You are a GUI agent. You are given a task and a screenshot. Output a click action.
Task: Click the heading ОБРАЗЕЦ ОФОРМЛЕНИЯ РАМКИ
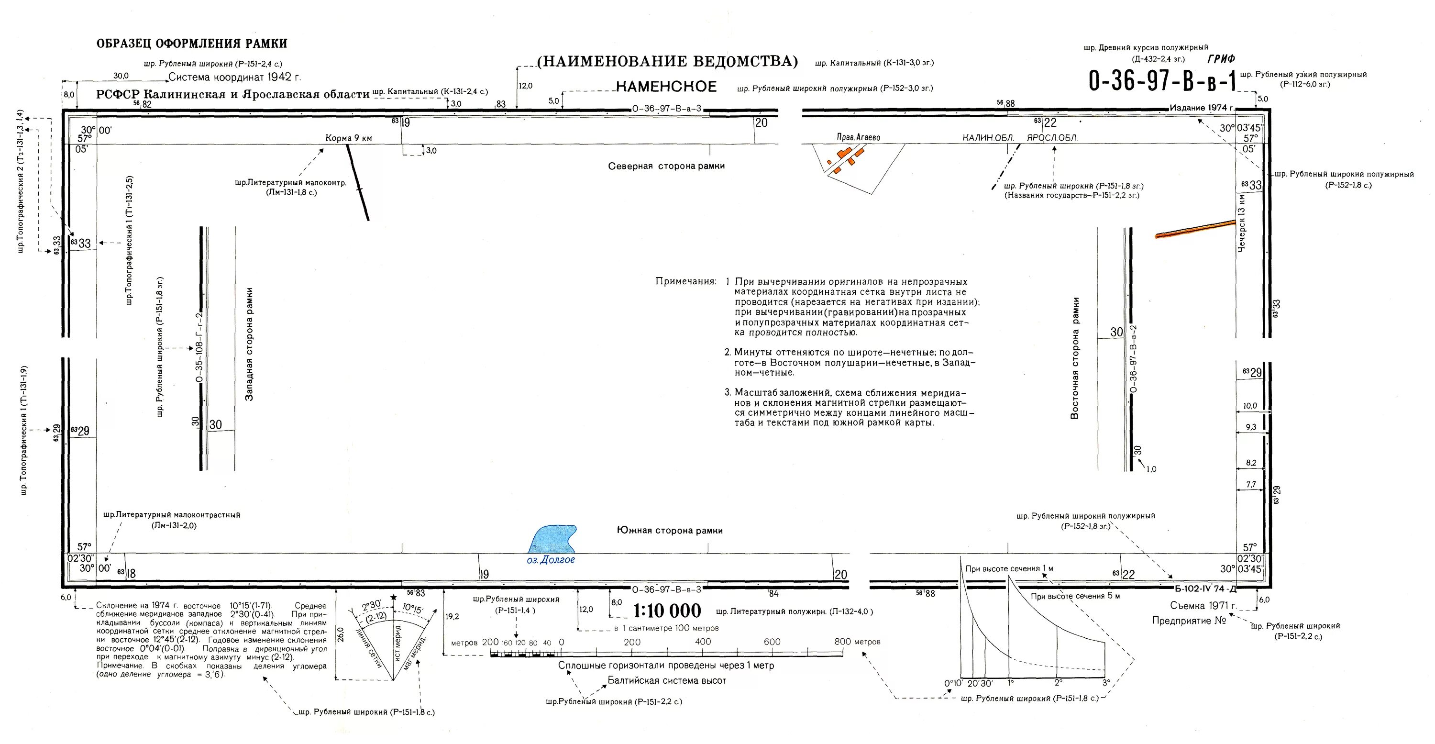click(192, 44)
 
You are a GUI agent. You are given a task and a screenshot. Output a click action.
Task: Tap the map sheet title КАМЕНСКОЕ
click(666, 87)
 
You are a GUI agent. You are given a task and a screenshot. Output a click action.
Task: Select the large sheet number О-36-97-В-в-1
click(1162, 81)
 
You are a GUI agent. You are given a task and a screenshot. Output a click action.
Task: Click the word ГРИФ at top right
click(1222, 58)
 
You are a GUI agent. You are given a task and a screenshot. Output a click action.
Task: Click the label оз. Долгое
click(551, 559)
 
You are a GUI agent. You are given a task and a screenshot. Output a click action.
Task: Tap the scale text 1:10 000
click(667, 611)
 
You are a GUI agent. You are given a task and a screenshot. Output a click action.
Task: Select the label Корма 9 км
click(349, 138)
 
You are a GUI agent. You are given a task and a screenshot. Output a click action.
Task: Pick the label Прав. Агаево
click(859, 137)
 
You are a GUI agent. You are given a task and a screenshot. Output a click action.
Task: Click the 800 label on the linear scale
click(842, 642)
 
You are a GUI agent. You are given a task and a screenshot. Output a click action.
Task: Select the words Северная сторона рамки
click(666, 166)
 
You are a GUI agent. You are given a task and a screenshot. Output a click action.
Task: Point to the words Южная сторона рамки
click(670, 531)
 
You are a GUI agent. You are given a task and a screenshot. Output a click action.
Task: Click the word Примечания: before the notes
click(685, 281)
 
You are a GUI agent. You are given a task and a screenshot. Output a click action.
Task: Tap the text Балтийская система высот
click(667, 680)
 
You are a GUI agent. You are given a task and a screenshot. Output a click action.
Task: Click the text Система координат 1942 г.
click(234, 77)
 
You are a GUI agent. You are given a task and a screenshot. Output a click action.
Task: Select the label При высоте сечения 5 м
click(1075, 596)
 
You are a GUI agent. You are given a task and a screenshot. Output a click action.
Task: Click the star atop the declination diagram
click(394, 598)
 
